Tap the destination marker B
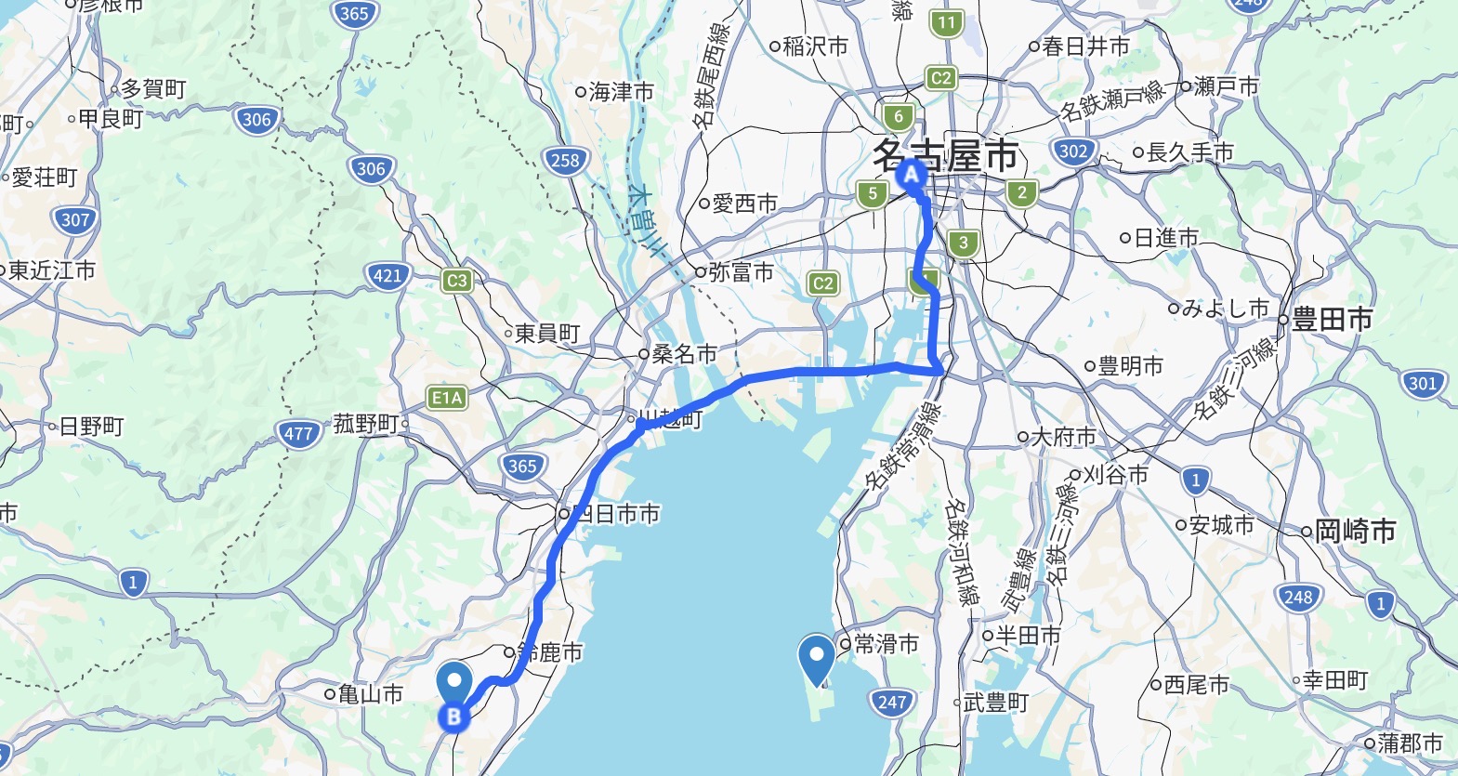454,716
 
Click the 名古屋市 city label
946,155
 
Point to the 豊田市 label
1332,320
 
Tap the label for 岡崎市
1355,532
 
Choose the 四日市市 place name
616,514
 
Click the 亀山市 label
370,693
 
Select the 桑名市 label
684,354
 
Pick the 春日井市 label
1085,46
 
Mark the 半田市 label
1028,636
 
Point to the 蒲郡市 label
1410,743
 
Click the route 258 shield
564,160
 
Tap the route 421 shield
387,275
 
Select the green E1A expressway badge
447,398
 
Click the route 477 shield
298,433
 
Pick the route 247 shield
891,702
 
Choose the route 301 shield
1422,383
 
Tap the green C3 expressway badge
457,281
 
